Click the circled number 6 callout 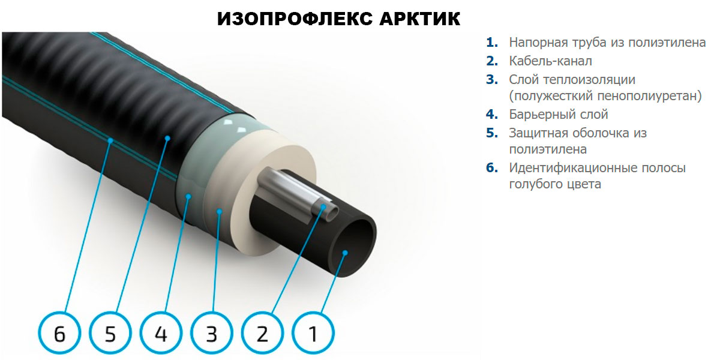point(59,334)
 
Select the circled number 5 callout point(110,334)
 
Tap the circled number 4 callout point(161,334)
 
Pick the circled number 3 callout point(211,334)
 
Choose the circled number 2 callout point(262,334)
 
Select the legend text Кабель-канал point(550,61)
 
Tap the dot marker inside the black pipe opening point(345,253)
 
